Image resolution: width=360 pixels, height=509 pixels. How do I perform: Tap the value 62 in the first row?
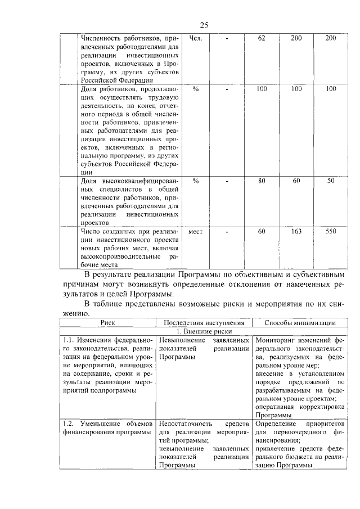(261, 38)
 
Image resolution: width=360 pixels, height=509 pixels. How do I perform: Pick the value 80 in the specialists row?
(261, 181)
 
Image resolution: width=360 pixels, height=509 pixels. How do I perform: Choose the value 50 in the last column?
(331, 181)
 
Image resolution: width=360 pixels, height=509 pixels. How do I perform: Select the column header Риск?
(107, 323)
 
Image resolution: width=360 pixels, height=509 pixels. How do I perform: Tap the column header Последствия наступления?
(204, 323)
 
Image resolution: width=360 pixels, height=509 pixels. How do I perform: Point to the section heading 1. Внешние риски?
(204, 332)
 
